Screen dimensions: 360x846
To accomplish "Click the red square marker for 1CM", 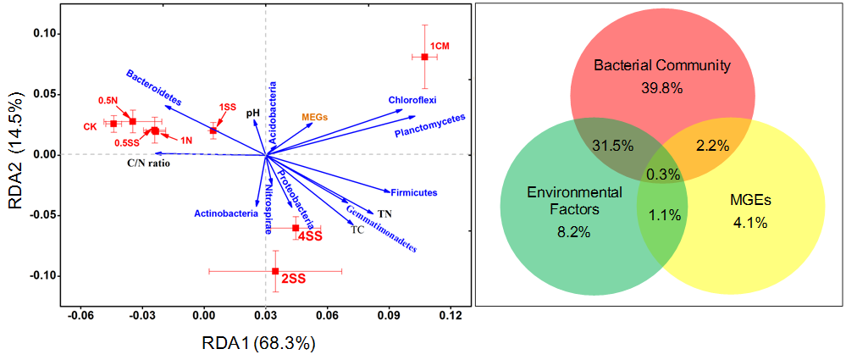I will coord(425,57).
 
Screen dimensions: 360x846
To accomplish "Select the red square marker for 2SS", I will coord(275,271).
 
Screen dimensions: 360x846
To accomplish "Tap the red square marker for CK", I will coord(113,124).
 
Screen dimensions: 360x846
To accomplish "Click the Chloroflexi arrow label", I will coord(412,100).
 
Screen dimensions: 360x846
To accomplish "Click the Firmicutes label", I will coord(413,193).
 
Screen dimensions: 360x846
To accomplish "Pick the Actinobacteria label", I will coord(225,213).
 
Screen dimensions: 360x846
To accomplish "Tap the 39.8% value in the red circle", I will coord(661,87).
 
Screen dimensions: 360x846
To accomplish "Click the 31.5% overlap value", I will coord(612,145).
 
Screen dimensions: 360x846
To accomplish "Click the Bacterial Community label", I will coord(661,65).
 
